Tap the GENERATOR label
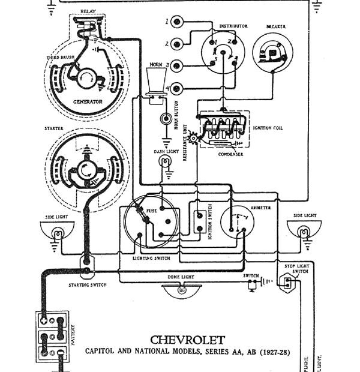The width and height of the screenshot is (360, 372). coord(88,102)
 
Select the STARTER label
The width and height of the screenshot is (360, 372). coord(54,128)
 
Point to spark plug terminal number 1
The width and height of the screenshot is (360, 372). coord(177,23)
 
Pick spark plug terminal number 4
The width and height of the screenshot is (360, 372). coord(177,89)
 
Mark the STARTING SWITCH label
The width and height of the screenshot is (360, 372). coord(87,285)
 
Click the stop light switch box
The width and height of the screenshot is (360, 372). coord(287,282)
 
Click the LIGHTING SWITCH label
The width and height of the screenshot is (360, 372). coord(151,257)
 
